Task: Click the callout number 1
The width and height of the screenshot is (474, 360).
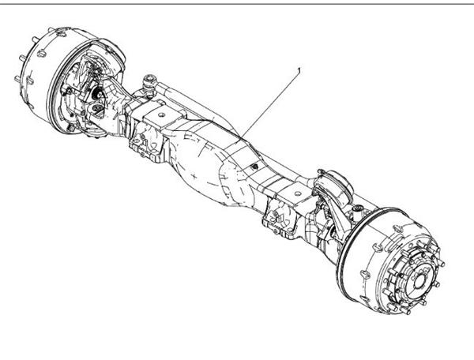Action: tap(299, 70)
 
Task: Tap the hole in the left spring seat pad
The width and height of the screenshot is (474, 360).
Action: tap(162, 114)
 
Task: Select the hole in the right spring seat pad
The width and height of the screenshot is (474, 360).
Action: tap(299, 193)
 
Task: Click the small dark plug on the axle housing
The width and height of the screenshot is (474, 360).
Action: tap(255, 166)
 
